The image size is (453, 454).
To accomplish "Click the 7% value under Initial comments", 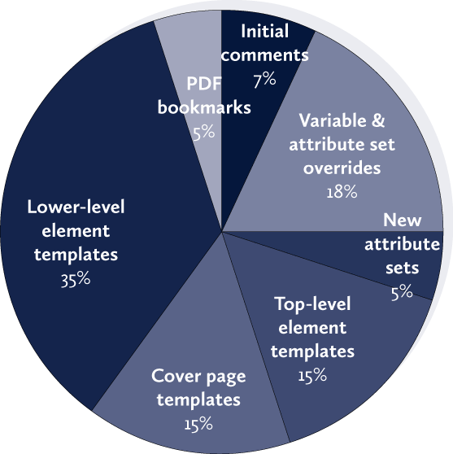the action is coord(264,80).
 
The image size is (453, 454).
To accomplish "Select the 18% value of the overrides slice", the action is coord(342,191).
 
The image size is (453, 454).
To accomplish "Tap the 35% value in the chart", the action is coord(76,279).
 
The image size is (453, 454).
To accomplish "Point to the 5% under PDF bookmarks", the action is coord(204,133).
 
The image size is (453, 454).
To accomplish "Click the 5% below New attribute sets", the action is coord(402,292).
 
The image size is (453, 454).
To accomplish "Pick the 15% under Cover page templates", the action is coord(198,424).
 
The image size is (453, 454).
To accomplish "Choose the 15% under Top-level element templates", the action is coord(312,375).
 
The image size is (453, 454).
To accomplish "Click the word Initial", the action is coord(264,31).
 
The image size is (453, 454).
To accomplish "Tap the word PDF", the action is coord(204,83).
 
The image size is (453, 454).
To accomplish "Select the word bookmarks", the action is coord(204,107).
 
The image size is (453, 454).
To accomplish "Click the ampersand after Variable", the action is coord(378,120).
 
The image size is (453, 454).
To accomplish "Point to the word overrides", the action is coord(342,168).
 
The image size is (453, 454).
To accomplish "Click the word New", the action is coord(402,220).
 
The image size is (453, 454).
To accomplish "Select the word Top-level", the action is coord(312,303).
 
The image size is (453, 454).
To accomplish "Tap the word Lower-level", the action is coord(76,207).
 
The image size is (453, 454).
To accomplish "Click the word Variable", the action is coord(333,120).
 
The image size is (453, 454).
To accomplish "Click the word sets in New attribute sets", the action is coord(402,268).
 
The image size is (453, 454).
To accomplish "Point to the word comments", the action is coord(264,55).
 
